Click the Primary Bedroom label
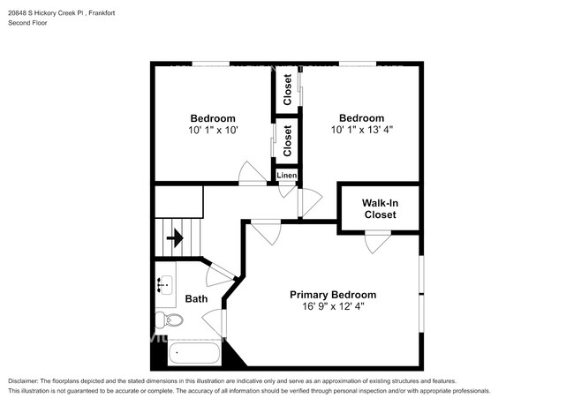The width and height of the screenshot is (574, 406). [x=334, y=295]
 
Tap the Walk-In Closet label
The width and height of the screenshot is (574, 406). [x=379, y=208]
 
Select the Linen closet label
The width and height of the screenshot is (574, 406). [x=287, y=176]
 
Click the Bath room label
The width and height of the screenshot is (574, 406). [x=196, y=298]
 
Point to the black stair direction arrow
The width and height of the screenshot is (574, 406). [x=175, y=237]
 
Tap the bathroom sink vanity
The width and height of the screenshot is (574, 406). [x=165, y=284]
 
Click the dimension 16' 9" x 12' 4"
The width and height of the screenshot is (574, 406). [x=334, y=307]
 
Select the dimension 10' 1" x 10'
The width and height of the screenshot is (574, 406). [x=213, y=130]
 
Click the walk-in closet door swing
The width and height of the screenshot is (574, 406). [x=378, y=242]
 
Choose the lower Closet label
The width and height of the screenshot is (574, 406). [x=288, y=139]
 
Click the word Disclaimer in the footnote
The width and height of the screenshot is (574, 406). [x=27, y=378]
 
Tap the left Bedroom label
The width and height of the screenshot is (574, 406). [x=213, y=118]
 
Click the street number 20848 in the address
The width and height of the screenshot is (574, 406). [x=19, y=13]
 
